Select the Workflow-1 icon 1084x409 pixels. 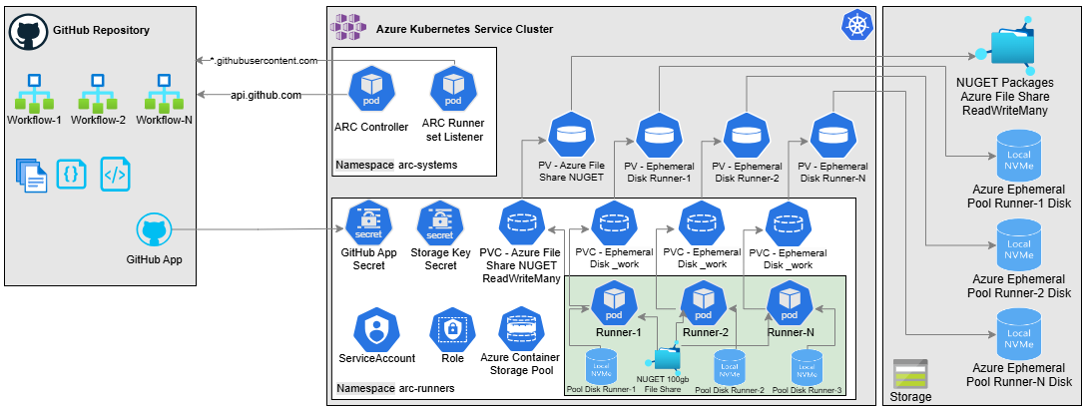point(34,92)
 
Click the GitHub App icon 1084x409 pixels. point(154,232)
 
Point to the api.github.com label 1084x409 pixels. point(267,95)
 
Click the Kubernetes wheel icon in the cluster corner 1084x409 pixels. point(855,27)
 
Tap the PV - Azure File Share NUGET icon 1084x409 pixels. point(571,135)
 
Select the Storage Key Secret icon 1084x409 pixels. point(440,223)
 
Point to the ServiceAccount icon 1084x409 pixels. point(374,328)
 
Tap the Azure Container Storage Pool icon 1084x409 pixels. point(520,328)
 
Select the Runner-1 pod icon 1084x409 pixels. point(615,300)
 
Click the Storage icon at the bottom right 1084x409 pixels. point(909,374)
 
